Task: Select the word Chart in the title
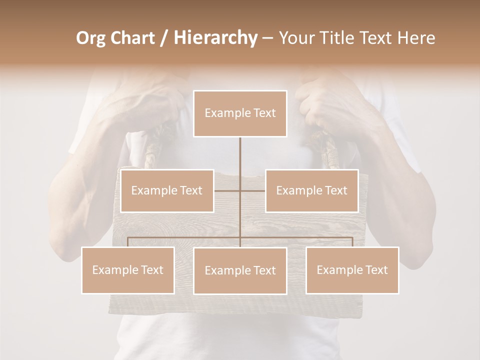click(133, 38)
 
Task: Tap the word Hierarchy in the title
click(215, 38)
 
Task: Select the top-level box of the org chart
click(240, 113)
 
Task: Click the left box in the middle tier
click(167, 190)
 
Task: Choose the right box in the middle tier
click(311, 190)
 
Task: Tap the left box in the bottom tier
click(128, 270)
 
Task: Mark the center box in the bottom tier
click(240, 270)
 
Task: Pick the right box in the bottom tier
click(352, 270)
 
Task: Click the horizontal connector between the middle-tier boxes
click(252, 190)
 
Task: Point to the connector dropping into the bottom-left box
click(128, 242)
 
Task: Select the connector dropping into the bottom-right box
click(352, 242)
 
